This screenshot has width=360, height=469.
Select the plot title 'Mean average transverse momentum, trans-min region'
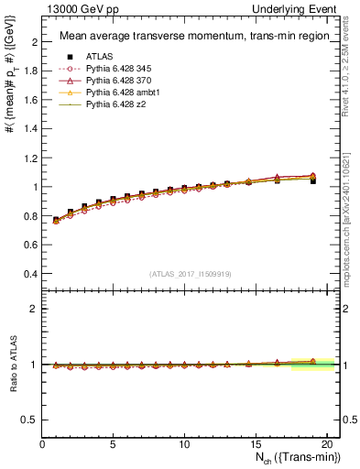189,37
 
